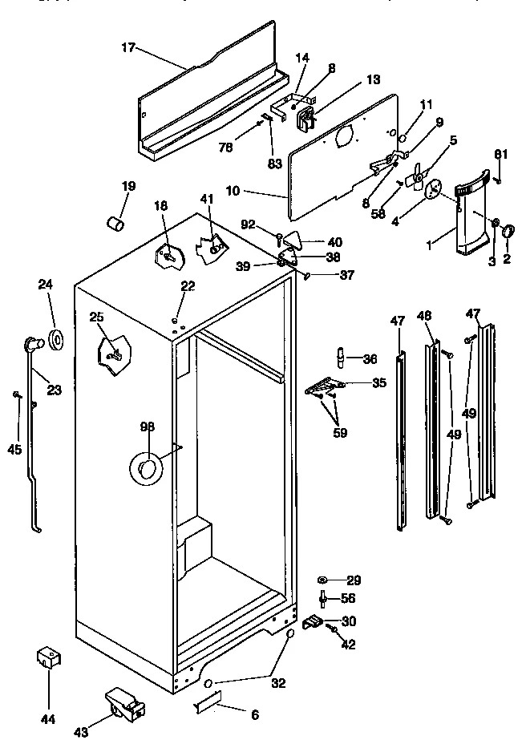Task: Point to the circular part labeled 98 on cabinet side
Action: coord(147,467)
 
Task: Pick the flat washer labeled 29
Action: coord(322,579)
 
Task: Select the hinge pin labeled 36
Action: coord(340,355)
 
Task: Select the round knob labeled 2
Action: coord(508,232)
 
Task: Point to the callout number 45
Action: coord(14,450)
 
